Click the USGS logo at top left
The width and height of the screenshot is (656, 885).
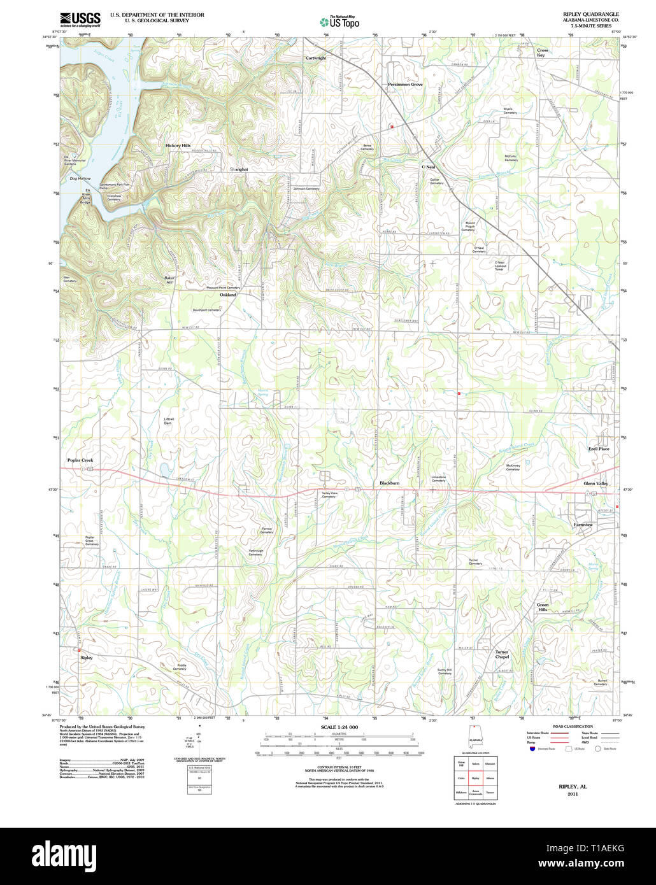(80, 18)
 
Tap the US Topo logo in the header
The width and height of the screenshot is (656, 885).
(339, 22)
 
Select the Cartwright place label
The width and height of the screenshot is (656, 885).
(315, 58)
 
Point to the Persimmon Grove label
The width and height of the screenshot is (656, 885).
(405, 84)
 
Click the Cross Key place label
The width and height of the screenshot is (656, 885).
(542, 52)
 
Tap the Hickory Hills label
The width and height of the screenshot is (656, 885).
(178, 146)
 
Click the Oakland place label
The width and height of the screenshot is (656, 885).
(228, 295)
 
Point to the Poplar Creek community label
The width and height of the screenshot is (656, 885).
(80, 460)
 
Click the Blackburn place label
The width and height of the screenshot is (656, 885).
(389, 483)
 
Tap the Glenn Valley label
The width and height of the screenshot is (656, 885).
(596, 483)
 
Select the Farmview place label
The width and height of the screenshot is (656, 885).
(583, 525)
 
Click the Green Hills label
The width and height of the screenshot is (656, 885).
(542, 607)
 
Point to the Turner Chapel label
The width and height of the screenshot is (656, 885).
(502, 654)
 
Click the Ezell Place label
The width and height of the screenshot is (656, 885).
(599, 449)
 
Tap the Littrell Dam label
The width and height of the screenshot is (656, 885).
(168, 421)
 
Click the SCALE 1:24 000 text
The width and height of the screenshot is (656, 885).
(339, 727)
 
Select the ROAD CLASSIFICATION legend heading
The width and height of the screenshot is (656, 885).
(573, 726)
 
